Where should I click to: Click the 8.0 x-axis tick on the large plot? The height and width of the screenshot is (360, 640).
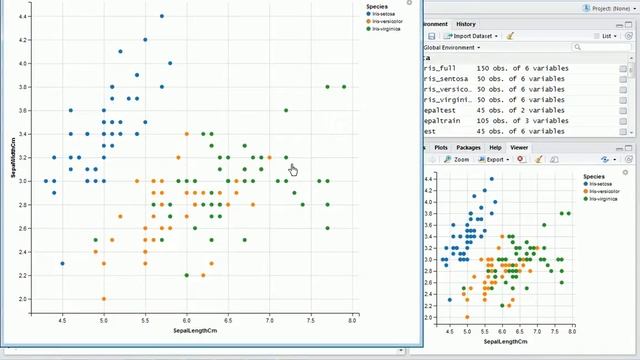point(352,320)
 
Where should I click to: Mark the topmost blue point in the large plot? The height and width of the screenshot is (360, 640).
point(162,16)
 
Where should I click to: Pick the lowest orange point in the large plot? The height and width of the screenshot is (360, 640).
point(104,298)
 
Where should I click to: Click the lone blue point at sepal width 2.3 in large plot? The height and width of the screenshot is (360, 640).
point(62,264)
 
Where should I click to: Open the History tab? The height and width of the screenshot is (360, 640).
point(466,24)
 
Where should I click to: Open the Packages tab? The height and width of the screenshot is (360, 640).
point(469,147)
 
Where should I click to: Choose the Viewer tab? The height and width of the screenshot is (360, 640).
point(519,147)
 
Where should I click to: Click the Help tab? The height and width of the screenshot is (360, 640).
point(495,147)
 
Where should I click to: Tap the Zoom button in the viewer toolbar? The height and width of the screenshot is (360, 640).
point(459,159)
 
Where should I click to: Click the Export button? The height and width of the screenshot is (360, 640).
point(495,159)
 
